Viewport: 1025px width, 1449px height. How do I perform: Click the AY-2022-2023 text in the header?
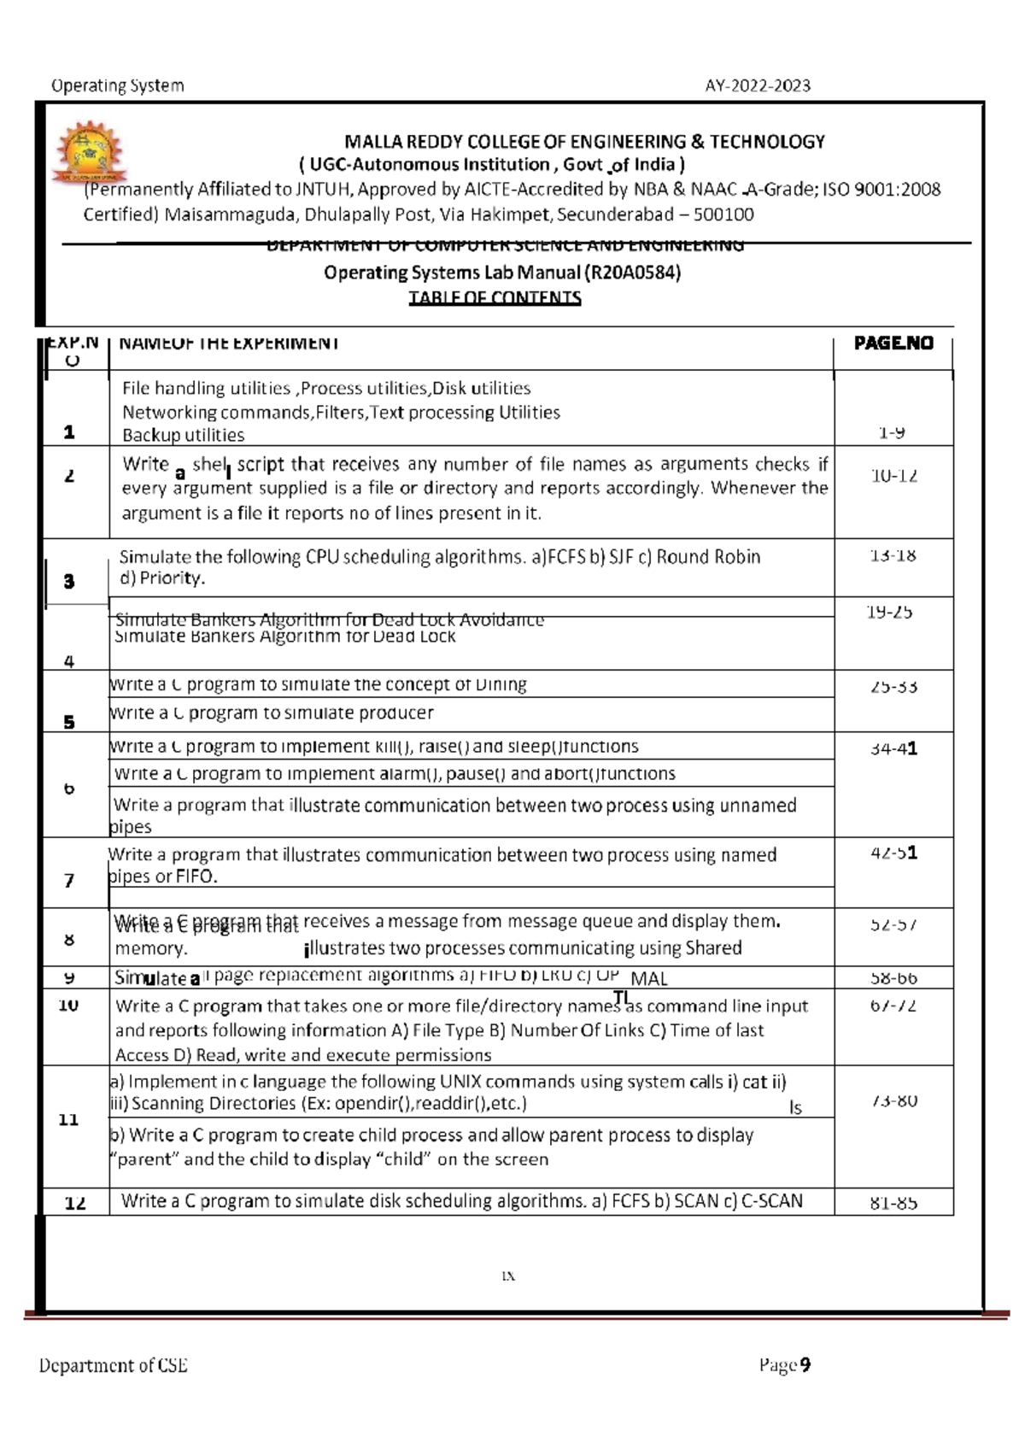758,85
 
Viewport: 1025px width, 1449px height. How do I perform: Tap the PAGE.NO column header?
893,343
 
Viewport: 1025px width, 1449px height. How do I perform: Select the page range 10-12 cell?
894,476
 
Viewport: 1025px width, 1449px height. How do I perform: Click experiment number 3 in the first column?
69,582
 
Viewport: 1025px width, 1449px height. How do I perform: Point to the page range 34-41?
893,749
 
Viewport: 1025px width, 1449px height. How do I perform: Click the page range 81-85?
893,1204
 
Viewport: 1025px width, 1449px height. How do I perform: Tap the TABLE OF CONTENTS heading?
495,298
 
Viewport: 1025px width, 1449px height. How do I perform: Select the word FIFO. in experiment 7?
196,877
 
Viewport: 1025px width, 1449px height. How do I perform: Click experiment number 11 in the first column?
69,1119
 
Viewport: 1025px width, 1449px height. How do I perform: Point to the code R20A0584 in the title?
633,273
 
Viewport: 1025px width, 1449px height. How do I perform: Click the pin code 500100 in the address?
724,214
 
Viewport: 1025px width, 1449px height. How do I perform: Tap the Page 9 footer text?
784,1365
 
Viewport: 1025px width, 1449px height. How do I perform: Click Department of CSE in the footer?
113,1365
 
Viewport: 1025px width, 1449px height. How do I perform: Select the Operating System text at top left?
117,85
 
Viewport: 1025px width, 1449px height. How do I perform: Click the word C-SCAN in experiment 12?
771,1201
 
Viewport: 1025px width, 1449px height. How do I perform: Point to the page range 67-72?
893,1006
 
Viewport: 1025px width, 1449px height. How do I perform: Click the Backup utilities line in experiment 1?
183,435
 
